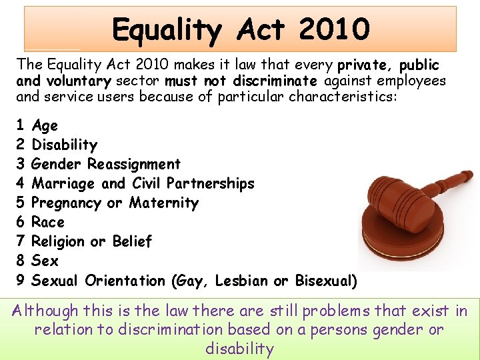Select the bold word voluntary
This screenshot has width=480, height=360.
pyautogui.click(x=79, y=81)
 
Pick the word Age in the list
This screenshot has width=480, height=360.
pyautogui.click(x=45, y=125)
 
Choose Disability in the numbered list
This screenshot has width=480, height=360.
pyautogui.click(x=65, y=145)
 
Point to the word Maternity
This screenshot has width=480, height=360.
pyautogui.click(x=164, y=203)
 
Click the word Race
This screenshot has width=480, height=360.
pyautogui.click(x=48, y=222)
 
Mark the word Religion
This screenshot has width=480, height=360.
pyautogui.click(x=59, y=241)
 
